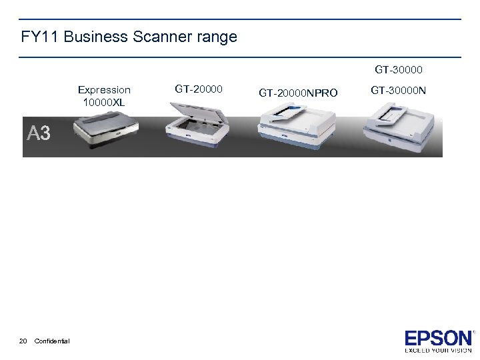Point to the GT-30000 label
click(399, 69)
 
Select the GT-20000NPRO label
click(297, 93)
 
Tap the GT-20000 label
click(199, 88)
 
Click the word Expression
click(104, 89)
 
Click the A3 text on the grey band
click(39, 133)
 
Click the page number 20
click(23, 341)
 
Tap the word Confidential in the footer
click(52, 341)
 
